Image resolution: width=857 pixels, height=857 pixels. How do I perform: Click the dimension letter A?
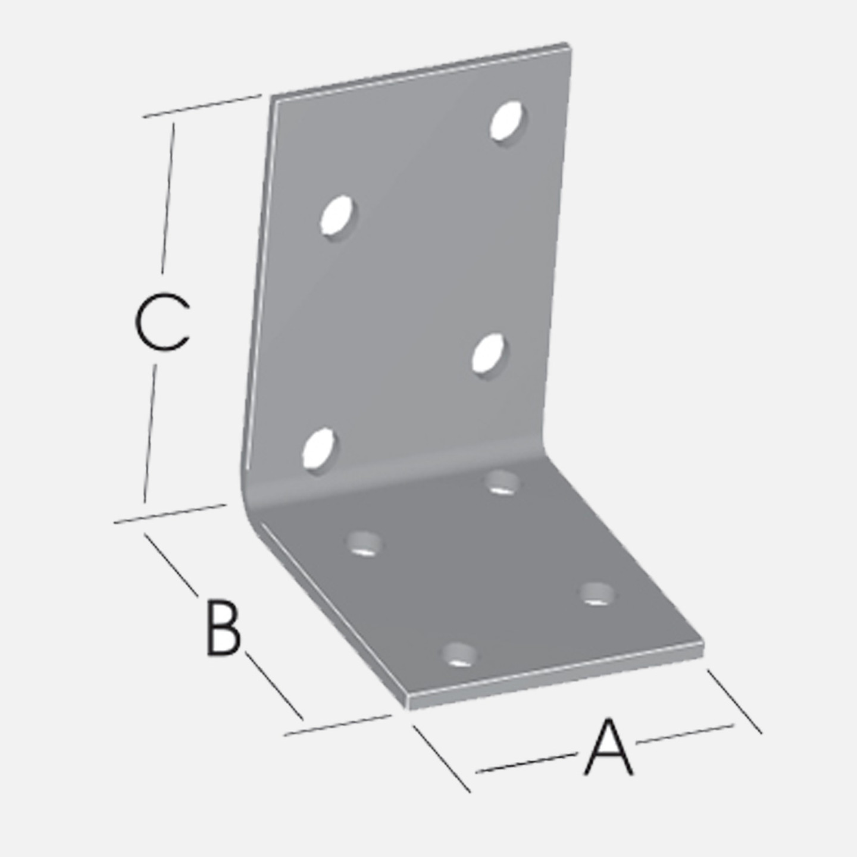tap(608, 752)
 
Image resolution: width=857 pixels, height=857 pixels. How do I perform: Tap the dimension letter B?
tap(223, 627)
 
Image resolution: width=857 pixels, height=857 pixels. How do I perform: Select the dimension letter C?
tap(162, 321)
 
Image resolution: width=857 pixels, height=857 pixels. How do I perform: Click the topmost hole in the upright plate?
tap(506, 121)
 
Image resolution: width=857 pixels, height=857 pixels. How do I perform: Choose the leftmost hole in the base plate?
tap(364, 543)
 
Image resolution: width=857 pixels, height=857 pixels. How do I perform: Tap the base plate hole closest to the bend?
tap(502, 483)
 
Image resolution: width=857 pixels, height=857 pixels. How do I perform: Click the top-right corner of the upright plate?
tap(570, 45)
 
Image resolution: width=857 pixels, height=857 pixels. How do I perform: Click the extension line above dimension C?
tap(202, 106)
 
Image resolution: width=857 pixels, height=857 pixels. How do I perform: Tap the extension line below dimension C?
tap(171, 513)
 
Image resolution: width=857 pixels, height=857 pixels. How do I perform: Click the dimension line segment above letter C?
tap(168, 198)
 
